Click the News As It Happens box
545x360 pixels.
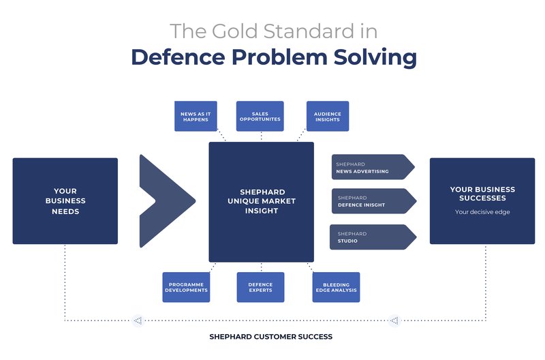(x=196, y=116)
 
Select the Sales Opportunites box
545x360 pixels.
(x=260, y=116)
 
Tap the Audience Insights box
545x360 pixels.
(x=328, y=116)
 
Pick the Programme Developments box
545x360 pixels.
(x=186, y=287)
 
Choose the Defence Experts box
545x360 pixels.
(x=260, y=287)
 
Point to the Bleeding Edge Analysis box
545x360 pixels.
(x=336, y=287)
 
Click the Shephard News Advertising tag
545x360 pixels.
(x=373, y=167)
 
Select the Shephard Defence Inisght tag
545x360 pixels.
(x=374, y=201)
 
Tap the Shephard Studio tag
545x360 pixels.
(x=373, y=237)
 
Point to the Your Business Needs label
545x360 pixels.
(x=65, y=201)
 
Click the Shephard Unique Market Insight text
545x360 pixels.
(x=262, y=201)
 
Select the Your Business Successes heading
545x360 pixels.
(x=482, y=194)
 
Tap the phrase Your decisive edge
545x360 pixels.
(x=482, y=212)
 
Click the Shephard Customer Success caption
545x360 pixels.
(x=270, y=337)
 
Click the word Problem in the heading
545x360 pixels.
(x=279, y=57)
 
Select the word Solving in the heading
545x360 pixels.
(x=375, y=57)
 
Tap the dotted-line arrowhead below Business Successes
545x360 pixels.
(x=394, y=320)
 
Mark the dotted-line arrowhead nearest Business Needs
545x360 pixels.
(x=138, y=320)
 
